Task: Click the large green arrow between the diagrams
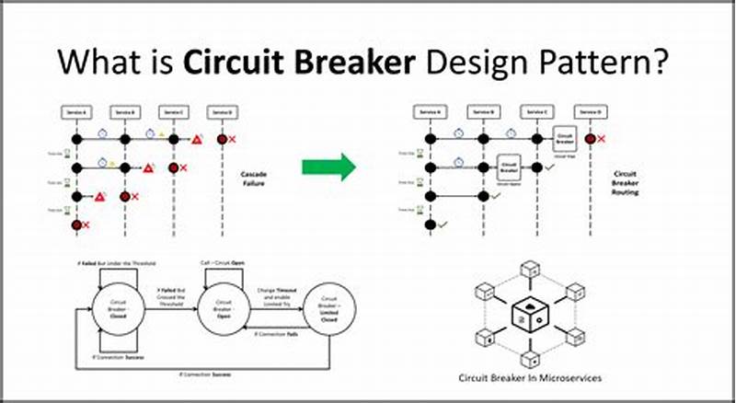click(x=328, y=167)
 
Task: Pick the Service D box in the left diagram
click(x=222, y=111)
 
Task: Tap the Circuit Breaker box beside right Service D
click(x=564, y=140)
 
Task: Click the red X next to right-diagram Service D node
click(x=602, y=139)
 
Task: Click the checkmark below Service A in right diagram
click(x=443, y=224)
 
